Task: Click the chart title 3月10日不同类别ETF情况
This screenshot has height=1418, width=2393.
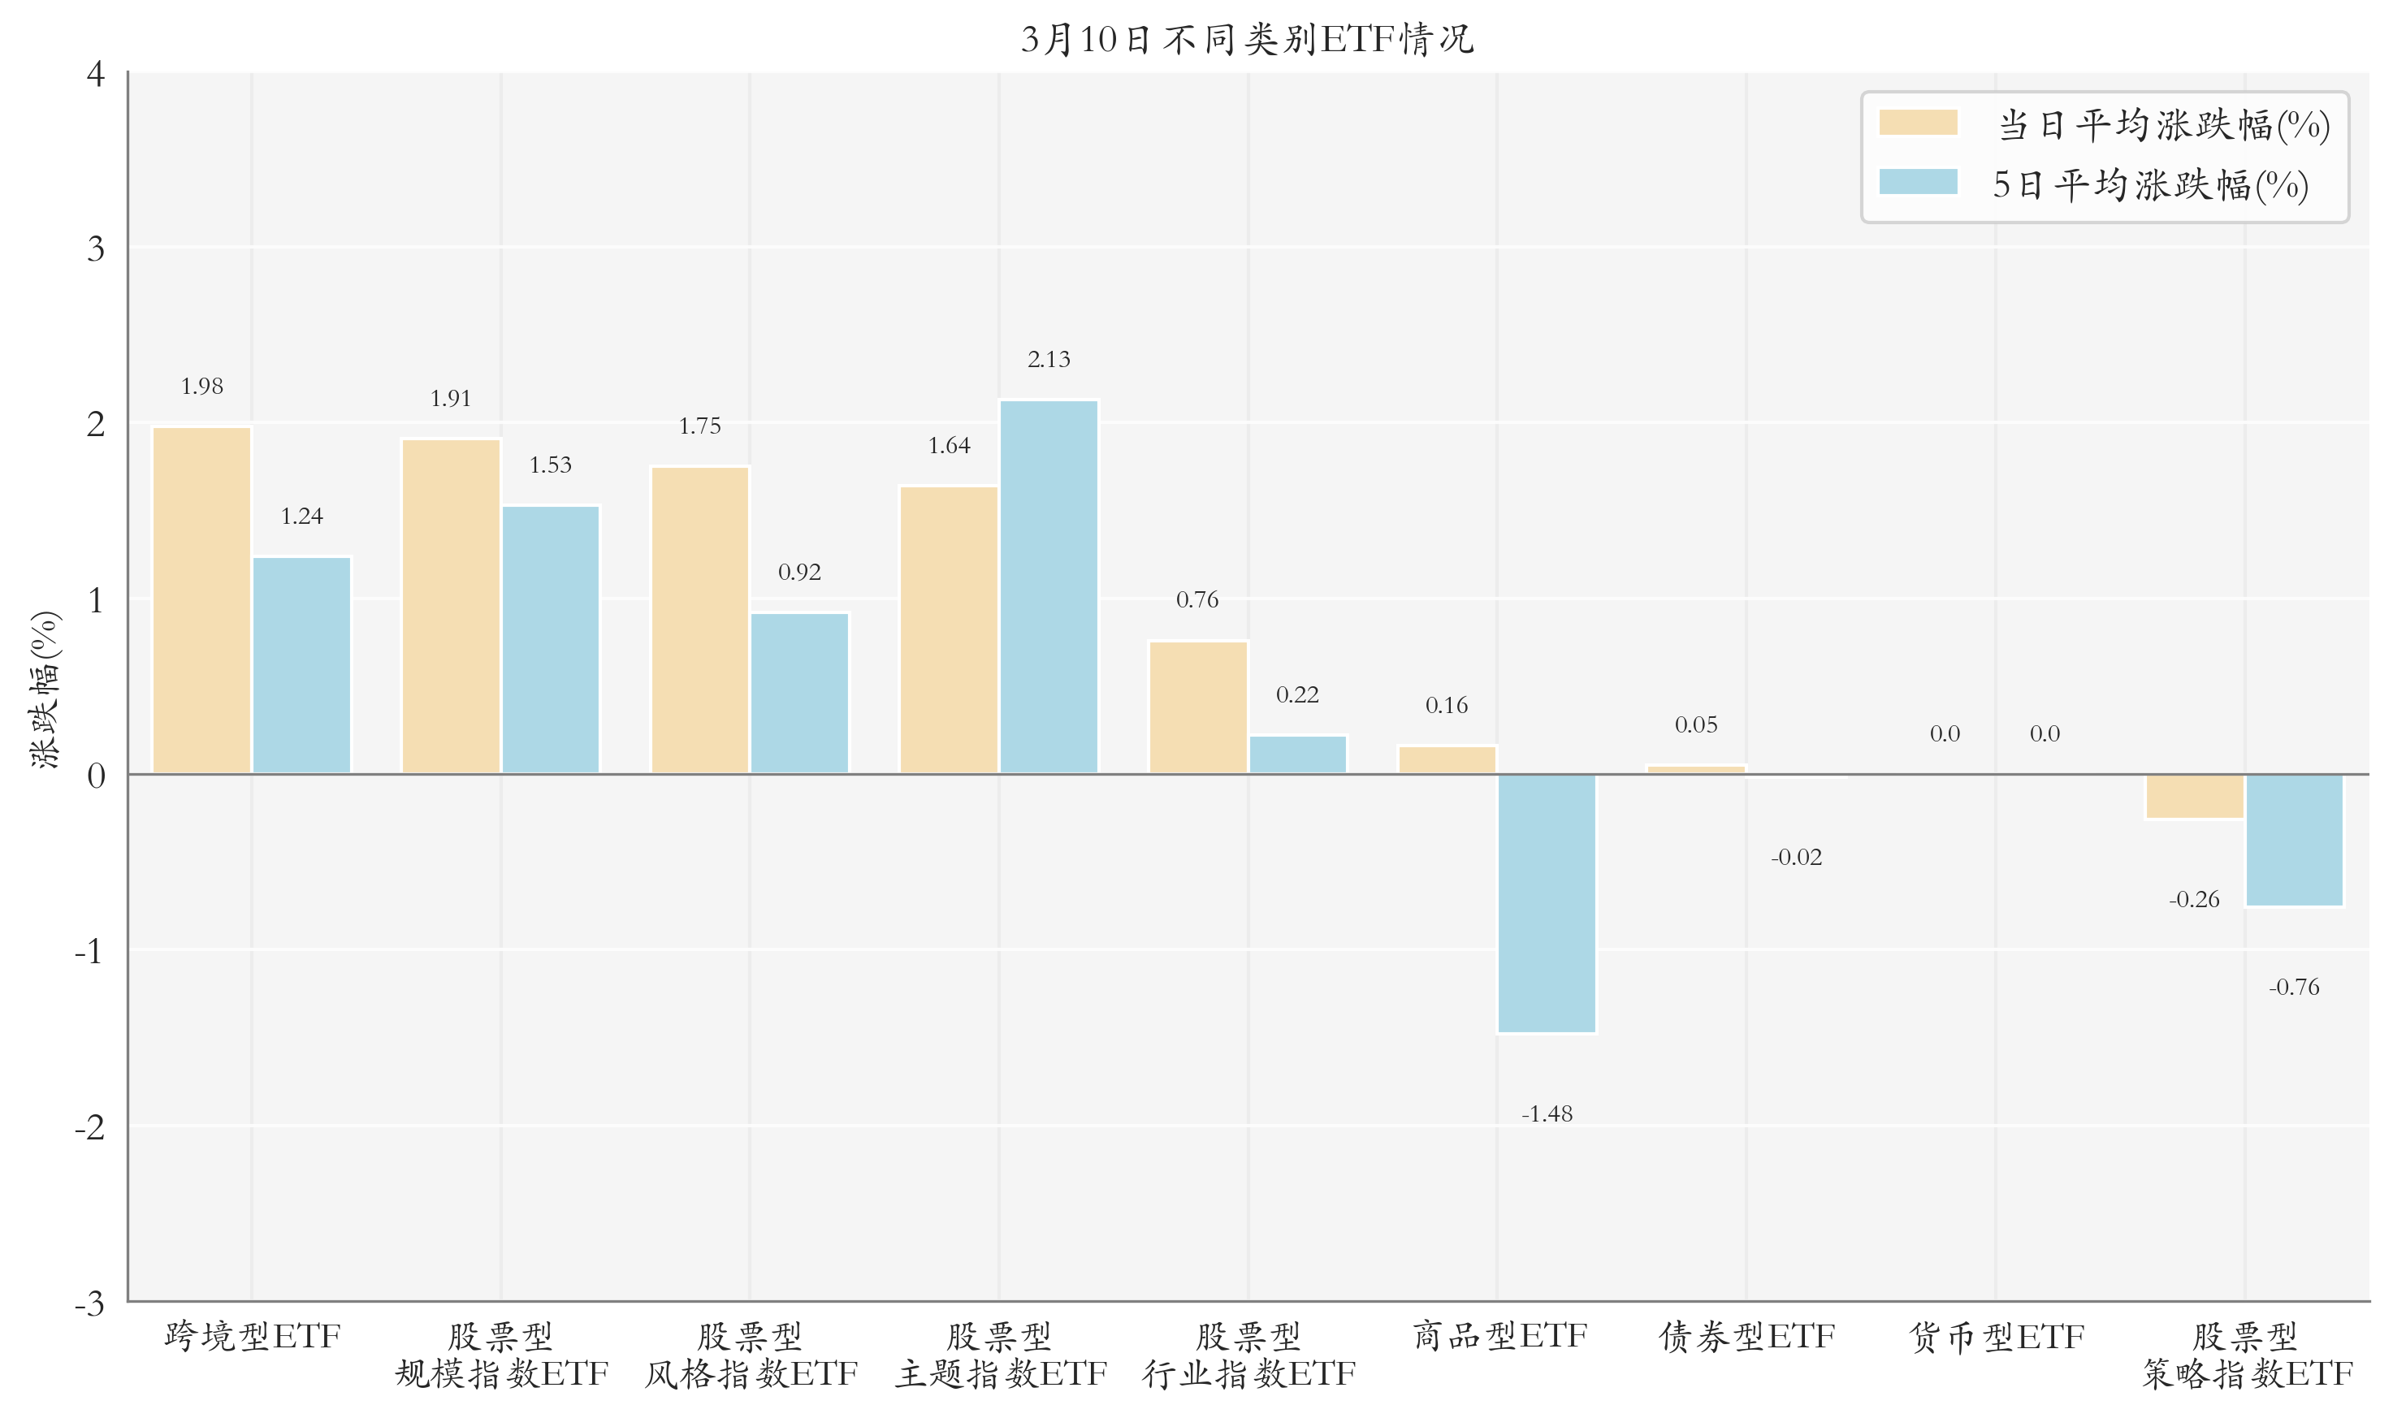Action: click(x=1247, y=39)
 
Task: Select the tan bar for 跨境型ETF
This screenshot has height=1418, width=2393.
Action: click(x=201, y=600)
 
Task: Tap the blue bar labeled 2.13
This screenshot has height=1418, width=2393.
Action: click(x=1049, y=586)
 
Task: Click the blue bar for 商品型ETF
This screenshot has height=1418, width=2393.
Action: click(x=1547, y=903)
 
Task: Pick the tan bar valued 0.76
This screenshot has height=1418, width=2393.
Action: click(x=1197, y=707)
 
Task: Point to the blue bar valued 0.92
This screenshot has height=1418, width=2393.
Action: click(x=799, y=693)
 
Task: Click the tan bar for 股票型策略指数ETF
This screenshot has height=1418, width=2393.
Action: click(x=2194, y=797)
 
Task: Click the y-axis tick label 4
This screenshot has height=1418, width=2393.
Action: click(x=96, y=74)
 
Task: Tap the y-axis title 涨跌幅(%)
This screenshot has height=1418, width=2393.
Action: click(x=45, y=689)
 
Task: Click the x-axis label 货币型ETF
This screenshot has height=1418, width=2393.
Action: click(x=1996, y=1337)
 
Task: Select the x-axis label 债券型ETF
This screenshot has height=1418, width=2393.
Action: click(x=1746, y=1337)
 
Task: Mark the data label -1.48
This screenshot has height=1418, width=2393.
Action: click(x=1547, y=1114)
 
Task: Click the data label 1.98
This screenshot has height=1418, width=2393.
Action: click(x=201, y=386)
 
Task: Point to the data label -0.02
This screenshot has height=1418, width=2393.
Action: click(x=1796, y=857)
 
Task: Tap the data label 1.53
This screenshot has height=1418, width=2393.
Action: click(x=551, y=465)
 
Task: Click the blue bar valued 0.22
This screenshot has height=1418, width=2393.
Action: click(x=1297, y=754)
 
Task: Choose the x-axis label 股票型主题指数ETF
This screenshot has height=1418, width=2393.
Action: click(x=1000, y=1355)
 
